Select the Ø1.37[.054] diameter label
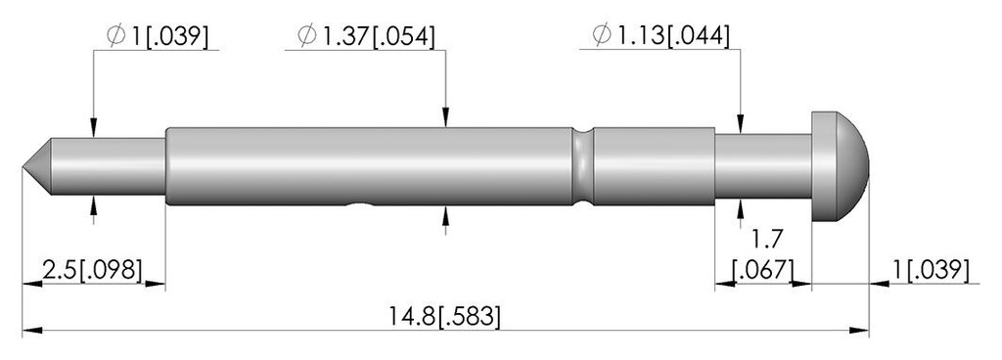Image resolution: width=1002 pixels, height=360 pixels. point(367,36)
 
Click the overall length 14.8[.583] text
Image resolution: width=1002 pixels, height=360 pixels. point(445,317)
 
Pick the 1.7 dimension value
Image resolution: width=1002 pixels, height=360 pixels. point(764,240)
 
